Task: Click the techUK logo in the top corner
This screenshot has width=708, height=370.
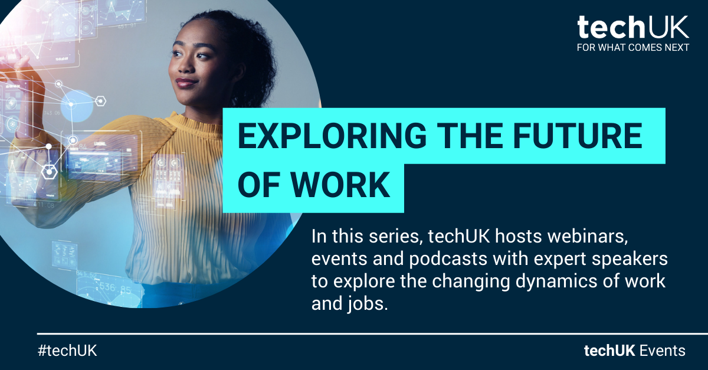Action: pos(633,28)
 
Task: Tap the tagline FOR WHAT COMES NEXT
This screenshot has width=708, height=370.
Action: pos(633,48)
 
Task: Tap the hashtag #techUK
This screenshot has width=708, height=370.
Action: pos(67,351)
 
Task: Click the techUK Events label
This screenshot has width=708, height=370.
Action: pos(634,351)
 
